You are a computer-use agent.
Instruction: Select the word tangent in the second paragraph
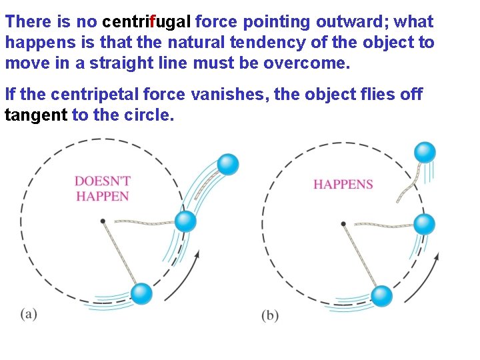tap(36, 115)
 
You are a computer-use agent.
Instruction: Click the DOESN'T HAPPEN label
tap(102, 189)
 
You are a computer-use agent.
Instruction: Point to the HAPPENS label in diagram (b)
tap(343, 184)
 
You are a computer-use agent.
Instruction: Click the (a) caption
tap(29, 314)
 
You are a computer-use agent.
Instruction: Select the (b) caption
tap(270, 315)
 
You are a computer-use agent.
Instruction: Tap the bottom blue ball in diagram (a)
tap(141, 293)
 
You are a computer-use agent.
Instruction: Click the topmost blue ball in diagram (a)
tap(229, 164)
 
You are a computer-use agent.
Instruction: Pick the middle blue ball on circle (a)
tap(185, 221)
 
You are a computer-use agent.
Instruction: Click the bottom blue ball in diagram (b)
tap(381, 295)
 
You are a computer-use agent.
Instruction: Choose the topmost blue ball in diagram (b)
tap(425, 153)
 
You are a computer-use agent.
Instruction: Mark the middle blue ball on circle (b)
tap(425, 224)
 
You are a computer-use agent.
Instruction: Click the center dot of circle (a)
tap(102, 221)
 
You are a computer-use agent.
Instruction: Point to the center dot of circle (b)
tap(343, 224)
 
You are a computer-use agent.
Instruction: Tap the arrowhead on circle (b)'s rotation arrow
tap(437, 255)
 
